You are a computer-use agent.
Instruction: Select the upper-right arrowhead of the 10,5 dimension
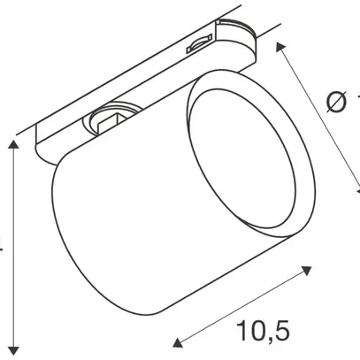(310, 266)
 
